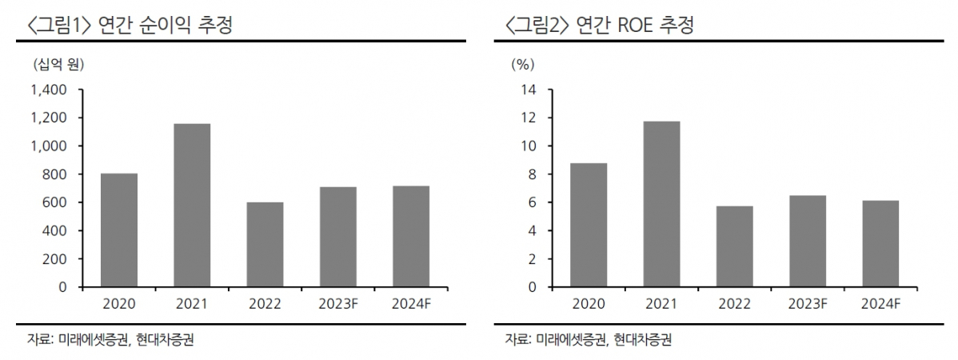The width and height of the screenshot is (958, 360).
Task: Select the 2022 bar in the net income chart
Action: [265, 244]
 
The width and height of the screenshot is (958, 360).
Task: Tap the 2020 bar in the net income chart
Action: [119, 230]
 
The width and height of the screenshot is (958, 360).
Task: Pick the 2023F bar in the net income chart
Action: [337, 237]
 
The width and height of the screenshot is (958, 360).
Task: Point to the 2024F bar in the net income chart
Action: [410, 236]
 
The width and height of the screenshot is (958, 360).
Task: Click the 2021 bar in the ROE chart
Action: [661, 204]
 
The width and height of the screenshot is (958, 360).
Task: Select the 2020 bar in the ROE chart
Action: [589, 225]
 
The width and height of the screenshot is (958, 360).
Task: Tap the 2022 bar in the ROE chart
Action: [734, 246]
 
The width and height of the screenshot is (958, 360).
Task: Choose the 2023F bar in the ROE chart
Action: [808, 241]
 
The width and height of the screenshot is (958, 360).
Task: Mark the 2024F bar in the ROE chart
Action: [880, 243]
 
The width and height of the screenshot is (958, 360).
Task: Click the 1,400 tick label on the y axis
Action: [49, 90]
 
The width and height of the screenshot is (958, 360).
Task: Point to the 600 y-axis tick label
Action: [56, 202]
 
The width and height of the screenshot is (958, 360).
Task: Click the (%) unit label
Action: [522, 63]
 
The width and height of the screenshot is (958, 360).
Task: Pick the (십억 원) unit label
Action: [59, 63]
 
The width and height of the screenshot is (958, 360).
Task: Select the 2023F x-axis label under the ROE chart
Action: [808, 303]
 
